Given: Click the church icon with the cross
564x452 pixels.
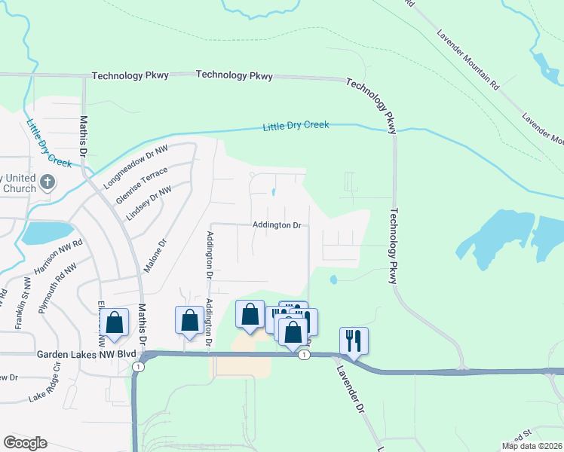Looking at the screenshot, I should point(48,182).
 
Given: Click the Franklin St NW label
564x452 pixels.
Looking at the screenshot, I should point(20,303).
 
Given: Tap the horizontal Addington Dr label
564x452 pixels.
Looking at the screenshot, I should point(277,225).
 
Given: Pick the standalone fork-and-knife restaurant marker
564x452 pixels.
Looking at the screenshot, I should point(353,341).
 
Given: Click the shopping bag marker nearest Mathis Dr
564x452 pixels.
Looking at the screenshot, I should point(115,322).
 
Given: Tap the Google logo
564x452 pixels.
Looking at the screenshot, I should point(26,443).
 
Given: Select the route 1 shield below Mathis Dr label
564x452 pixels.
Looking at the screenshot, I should point(137,366).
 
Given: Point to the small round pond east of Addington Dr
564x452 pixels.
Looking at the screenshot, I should point(333,280).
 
